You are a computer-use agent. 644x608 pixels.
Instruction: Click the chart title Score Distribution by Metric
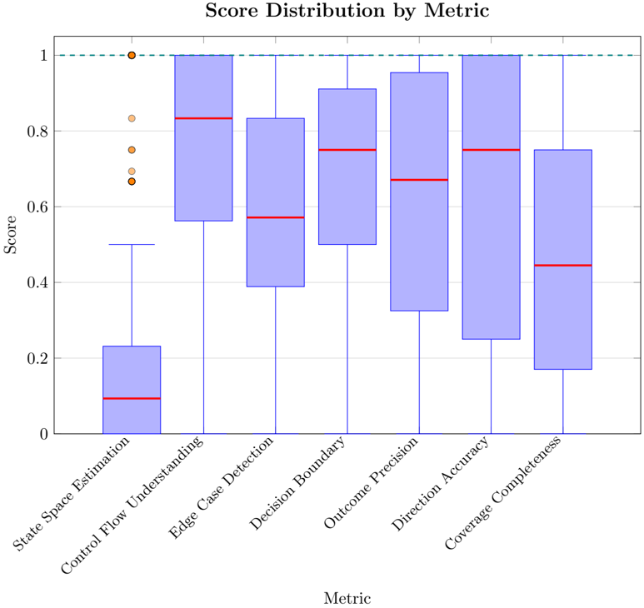coord(347,12)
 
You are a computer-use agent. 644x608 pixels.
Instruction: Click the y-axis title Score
coord(11,235)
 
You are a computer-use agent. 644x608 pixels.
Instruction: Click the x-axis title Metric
coord(347,598)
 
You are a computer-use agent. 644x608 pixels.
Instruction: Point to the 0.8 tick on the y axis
coord(37,132)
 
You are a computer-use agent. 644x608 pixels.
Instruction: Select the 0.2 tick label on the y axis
coord(37,358)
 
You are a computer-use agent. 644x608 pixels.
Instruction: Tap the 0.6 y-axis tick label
coord(37,207)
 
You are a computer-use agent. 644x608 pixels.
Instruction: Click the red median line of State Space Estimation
coord(132,399)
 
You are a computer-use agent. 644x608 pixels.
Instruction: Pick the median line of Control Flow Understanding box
coord(203,118)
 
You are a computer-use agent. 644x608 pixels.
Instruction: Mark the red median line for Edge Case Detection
coord(275,217)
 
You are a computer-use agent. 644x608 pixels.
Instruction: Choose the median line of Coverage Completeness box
coord(563,265)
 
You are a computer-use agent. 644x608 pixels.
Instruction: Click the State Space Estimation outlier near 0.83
coord(132,118)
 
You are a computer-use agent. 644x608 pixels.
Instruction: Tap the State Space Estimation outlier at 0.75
coord(132,150)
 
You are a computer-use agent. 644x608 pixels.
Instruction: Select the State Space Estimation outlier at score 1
coord(132,56)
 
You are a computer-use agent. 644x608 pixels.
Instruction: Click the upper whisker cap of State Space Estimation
coord(132,245)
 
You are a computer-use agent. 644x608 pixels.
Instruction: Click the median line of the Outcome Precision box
coord(419,180)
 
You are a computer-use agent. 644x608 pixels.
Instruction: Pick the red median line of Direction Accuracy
coord(491,150)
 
